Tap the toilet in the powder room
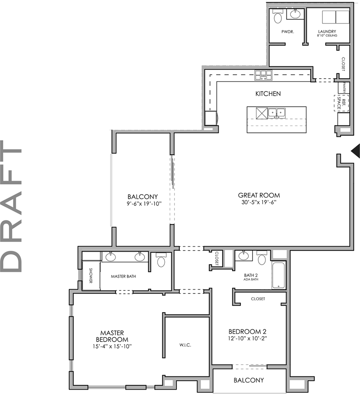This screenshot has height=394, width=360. tap(278, 17)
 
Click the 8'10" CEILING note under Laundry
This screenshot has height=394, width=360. tap(327, 36)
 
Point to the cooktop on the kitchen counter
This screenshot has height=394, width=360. tap(263, 75)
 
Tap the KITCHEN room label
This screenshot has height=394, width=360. tap(268, 94)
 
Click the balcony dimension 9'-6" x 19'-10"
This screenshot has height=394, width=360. tap(142, 203)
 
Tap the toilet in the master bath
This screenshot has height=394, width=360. tap(161, 260)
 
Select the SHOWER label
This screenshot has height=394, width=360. tap(90, 276)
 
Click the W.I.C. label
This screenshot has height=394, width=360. tap(185, 345)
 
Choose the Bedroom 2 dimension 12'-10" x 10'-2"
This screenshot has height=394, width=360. tap(248, 338)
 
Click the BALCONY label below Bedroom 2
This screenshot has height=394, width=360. tap(248, 380)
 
